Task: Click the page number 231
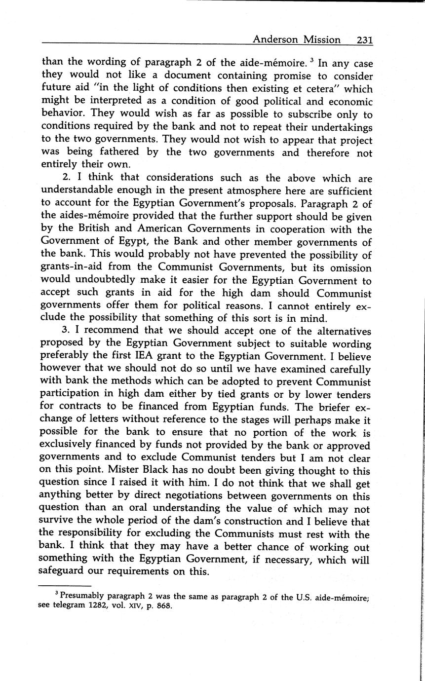pos(364,39)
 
